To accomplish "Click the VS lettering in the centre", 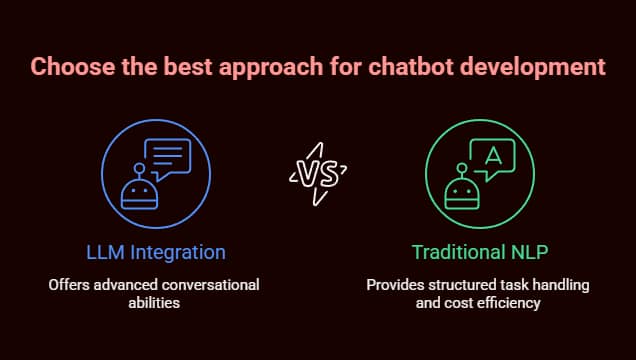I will coord(318,172).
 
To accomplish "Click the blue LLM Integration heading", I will coord(154,251).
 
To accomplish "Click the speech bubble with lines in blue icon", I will coord(167,157).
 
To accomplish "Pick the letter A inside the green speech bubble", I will coord(492,153).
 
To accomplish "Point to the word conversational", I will coord(206,285).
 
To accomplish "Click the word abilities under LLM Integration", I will coord(154,302).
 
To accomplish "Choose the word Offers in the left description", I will coord(68,285).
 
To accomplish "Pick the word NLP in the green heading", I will coord(529,251).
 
